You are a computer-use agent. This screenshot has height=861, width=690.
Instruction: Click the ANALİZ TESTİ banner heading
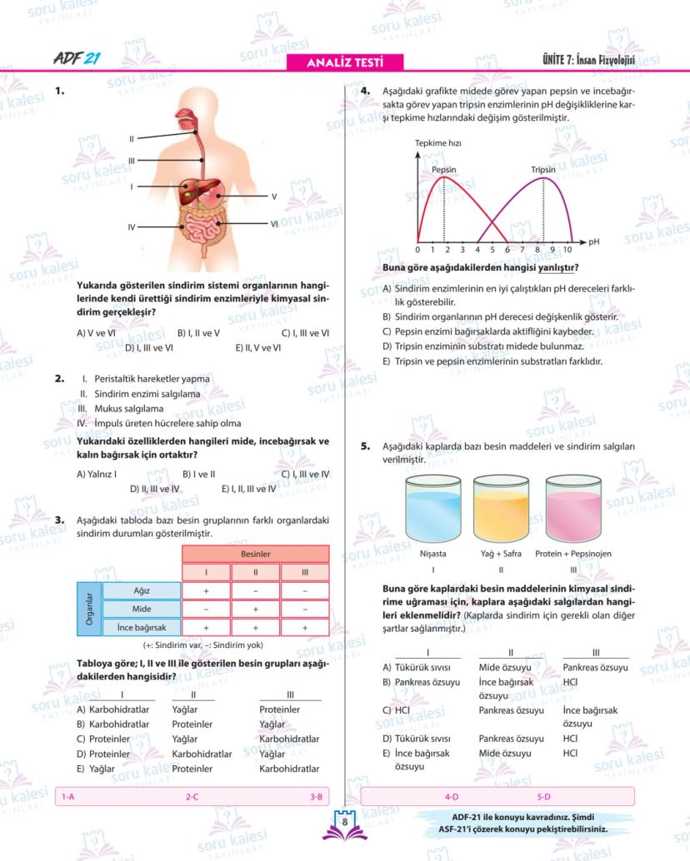344,62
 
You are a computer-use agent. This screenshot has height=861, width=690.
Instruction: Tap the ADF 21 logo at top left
77,59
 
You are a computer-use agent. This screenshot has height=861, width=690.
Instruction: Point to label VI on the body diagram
273,224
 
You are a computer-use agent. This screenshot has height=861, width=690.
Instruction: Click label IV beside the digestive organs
132,226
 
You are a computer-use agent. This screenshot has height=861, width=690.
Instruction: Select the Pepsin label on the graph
443,170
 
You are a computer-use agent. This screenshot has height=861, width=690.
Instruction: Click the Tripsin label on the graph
542,170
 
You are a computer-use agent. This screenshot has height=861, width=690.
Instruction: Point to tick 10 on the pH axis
567,250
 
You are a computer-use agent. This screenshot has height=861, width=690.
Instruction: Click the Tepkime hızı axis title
438,143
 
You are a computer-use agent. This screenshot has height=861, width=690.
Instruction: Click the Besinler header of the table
255,554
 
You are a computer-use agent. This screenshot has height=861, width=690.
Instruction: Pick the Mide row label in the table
142,610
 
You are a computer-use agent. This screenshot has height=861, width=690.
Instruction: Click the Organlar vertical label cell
89,610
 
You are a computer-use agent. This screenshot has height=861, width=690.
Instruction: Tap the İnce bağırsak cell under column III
305,628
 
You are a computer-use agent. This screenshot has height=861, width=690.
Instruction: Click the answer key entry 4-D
452,796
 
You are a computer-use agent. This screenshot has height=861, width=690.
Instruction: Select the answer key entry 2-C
192,796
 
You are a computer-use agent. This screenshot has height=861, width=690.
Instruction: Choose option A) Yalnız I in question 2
97,474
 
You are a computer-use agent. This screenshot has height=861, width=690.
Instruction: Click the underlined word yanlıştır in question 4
558,268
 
